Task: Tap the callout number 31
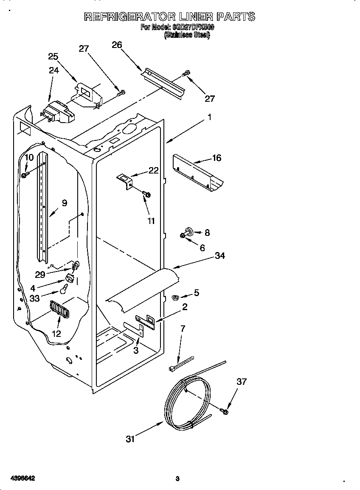click(x=130, y=439)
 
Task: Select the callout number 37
click(x=242, y=382)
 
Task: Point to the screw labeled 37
click(x=225, y=411)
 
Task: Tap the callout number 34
click(x=220, y=256)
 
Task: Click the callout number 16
click(x=217, y=158)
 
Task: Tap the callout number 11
click(x=151, y=221)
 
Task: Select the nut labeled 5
click(x=174, y=297)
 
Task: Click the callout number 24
click(x=54, y=70)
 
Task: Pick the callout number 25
click(x=53, y=56)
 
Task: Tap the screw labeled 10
click(x=25, y=174)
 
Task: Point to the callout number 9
click(x=65, y=203)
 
